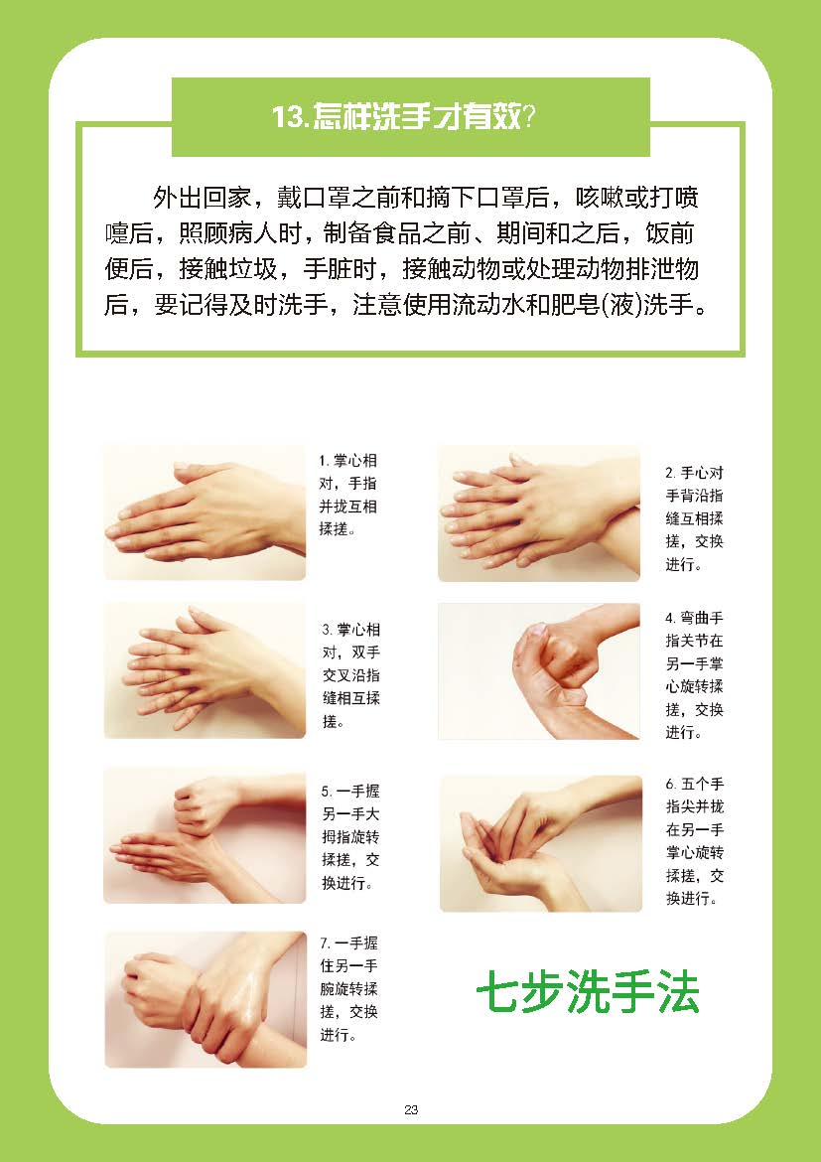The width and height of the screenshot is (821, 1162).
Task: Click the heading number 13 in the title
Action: point(287,116)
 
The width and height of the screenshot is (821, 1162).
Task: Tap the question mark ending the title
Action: point(530,116)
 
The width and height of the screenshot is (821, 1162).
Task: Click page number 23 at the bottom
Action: point(411,1109)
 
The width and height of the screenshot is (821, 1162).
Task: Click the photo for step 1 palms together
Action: point(205,512)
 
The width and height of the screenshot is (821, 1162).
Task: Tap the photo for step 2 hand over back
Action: point(539,512)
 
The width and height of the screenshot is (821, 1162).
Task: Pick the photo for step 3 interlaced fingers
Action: point(205,670)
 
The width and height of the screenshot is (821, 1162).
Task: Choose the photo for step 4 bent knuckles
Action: point(539,670)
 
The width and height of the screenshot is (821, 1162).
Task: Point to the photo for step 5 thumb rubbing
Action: point(205,836)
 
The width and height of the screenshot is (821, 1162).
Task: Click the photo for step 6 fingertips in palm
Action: point(541,843)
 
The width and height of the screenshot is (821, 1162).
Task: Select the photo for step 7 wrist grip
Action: point(205,1000)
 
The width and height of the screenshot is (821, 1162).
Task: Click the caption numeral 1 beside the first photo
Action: point(323,461)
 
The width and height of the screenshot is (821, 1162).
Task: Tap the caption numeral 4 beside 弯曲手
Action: point(669,618)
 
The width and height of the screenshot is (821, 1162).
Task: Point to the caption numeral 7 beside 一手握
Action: point(325,944)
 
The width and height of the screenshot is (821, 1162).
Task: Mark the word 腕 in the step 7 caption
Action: point(328,989)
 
